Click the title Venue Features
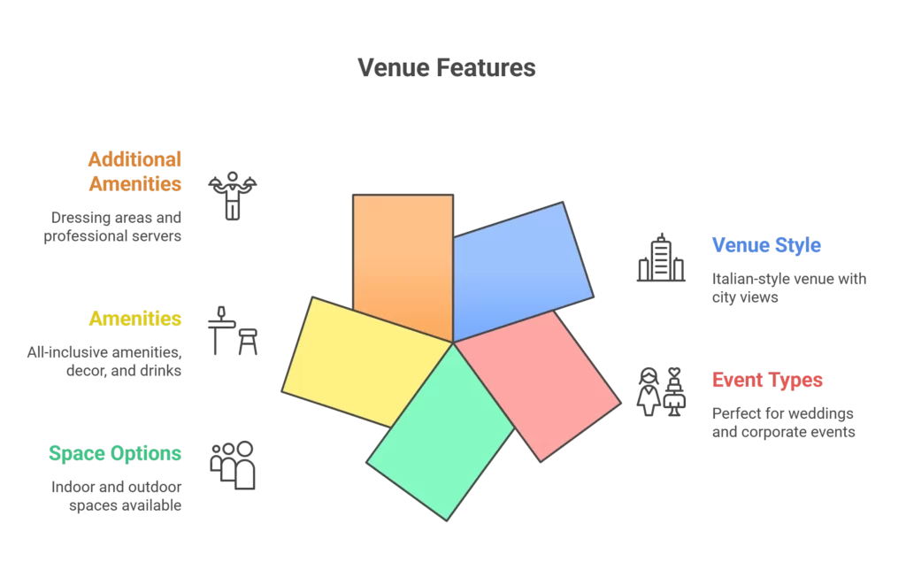[446, 68]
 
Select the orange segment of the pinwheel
[403, 257]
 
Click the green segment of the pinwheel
[442, 434]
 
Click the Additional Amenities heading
[134, 172]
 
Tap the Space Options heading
[115, 454]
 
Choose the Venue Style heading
[766, 245]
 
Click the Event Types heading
[767, 381]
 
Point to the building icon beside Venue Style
[661, 258]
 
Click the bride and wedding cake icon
[661, 391]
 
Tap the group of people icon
[233, 465]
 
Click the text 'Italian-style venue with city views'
[788, 288]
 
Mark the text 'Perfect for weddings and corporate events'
[783, 423]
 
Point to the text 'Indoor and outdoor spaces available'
[116, 497]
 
